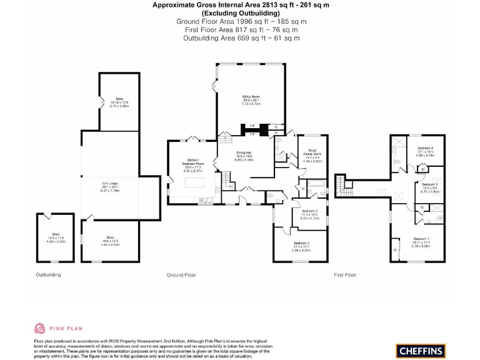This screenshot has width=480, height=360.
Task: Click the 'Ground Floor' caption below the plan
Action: [x=181, y=274]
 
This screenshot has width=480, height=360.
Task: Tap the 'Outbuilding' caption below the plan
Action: [x=48, y=274]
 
